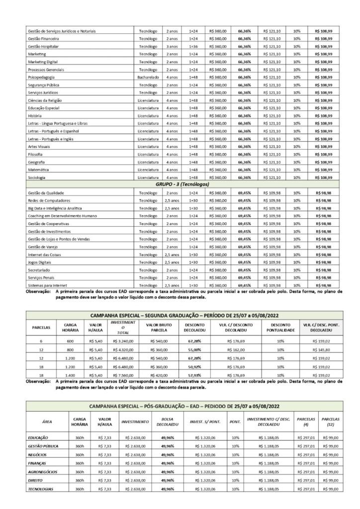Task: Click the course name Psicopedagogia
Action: (42, 78)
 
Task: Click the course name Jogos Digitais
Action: (41, 262)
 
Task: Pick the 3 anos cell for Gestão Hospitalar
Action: (172, 46)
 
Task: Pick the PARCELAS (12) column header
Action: (330, 422)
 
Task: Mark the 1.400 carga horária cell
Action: (70, 376)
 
